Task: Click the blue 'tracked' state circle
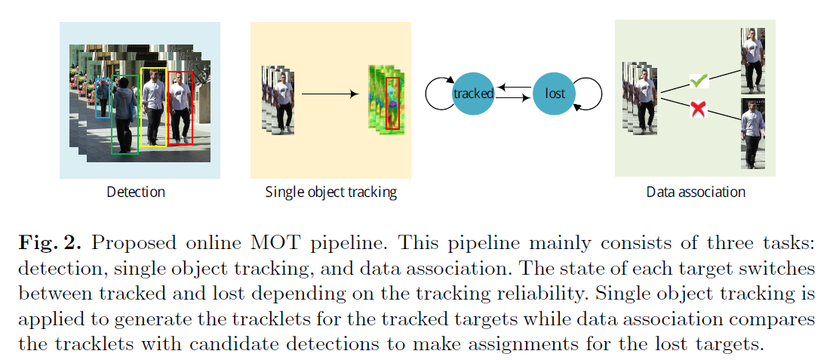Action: tap(473, 94)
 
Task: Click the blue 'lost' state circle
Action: tap(555, 94)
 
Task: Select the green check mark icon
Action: tap(699, 80)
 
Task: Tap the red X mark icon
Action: tap(699, 109)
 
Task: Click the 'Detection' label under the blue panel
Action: tap(136, 192)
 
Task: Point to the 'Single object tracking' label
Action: tap(330, 192)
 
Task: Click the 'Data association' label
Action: tap(696, 192)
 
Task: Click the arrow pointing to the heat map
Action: tap(329, 94)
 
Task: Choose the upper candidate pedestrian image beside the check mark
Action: tap(752, 61)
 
